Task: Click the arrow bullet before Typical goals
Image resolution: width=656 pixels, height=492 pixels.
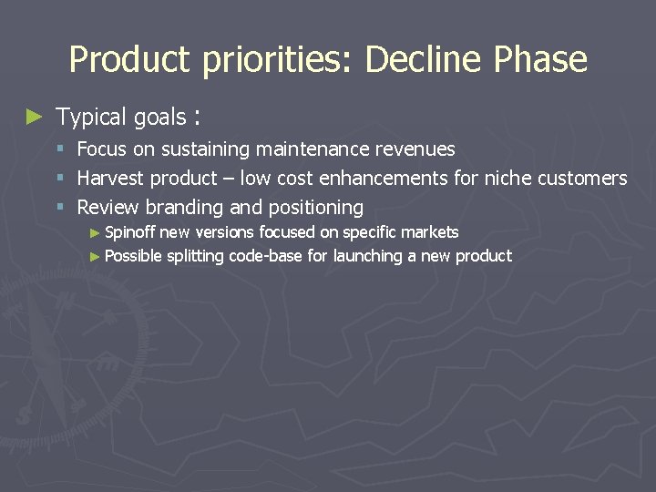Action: coord(35,117)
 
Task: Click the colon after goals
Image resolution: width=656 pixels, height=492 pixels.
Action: coord(198,118)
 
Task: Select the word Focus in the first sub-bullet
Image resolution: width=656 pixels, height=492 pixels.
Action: coord(102,149)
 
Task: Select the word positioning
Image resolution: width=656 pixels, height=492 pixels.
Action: coord(314,208)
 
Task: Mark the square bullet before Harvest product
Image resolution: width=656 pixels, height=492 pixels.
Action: coord(60,179)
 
